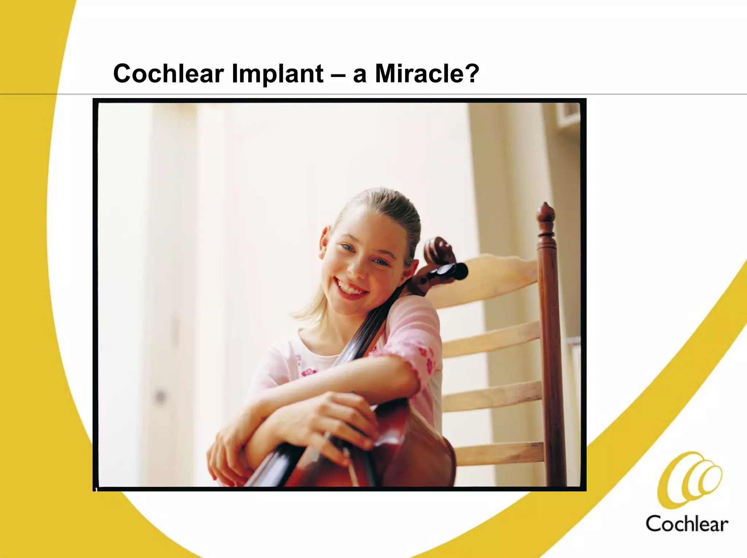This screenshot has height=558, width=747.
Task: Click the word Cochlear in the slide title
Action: tap(168, 74)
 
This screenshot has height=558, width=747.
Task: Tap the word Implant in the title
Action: tap(277, 74)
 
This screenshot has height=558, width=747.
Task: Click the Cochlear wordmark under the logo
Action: tap(686, 524)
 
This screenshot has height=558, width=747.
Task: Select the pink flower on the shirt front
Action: tap(309, 372)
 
